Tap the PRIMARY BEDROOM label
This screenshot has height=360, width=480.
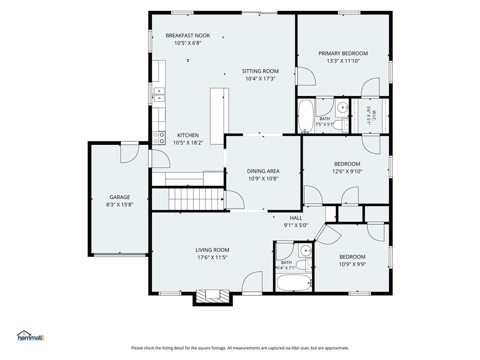(343, 53)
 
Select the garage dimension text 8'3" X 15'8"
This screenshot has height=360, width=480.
(120, 204)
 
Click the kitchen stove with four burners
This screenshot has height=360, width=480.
(158, 138)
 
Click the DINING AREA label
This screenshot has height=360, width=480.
(263, 171)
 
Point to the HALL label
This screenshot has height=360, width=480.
(296, 218)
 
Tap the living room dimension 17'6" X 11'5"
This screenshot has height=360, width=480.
(212, 257)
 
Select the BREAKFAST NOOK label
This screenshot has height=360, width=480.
(188, 36)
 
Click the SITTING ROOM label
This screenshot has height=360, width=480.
(260, 71)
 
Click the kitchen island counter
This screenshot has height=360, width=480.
(219, 116)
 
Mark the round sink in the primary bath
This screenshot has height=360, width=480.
(343, 107)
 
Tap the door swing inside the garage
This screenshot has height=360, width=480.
(130, 153)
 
